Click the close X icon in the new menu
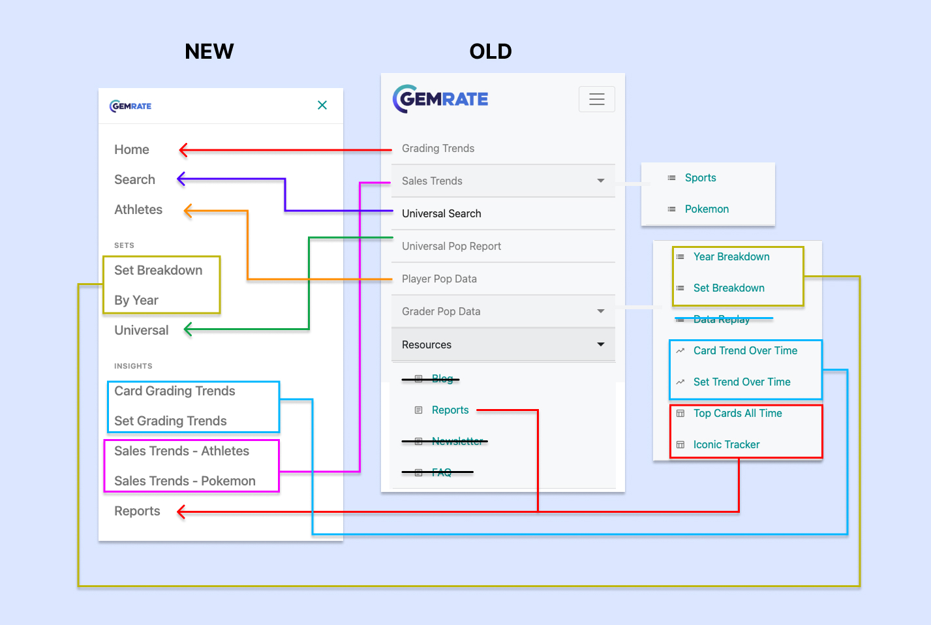(322, 105)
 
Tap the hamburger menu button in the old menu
(596, 99)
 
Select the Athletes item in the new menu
(138, 209)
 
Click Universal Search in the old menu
(441, 213)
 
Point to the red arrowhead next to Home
(184, 150)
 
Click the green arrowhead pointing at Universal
(189, 329)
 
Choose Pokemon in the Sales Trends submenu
(707, 209)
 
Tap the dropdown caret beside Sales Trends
(601, 181)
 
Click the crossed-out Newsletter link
(457, 441)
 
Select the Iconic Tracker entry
(726, 444)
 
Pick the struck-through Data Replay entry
(721, 319)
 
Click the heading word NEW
(209, 52)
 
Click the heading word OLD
(491, 52)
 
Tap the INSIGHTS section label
(133, 366)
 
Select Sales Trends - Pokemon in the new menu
(185, 481)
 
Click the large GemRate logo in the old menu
(440, 99)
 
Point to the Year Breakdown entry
(731, 256)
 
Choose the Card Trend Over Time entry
(745, 350)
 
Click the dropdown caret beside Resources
(601, 344)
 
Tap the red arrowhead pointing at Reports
(182, 512)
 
